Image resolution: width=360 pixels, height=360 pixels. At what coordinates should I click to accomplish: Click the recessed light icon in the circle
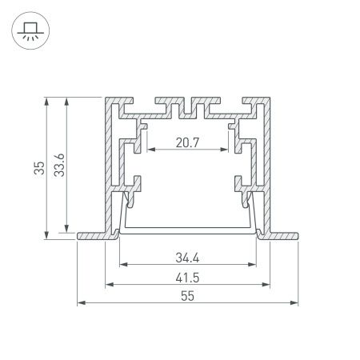29,30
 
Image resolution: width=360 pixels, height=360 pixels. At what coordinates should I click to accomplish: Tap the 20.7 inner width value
187,144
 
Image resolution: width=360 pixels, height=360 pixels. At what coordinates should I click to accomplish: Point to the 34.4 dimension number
187,257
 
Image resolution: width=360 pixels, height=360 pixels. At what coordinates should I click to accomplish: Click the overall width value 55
187,297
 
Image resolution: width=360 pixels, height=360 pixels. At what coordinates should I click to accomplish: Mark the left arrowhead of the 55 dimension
81,304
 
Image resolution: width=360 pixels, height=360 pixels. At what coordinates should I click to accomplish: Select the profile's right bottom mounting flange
282,236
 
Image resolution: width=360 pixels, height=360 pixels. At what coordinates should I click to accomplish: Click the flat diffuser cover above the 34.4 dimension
187,231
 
